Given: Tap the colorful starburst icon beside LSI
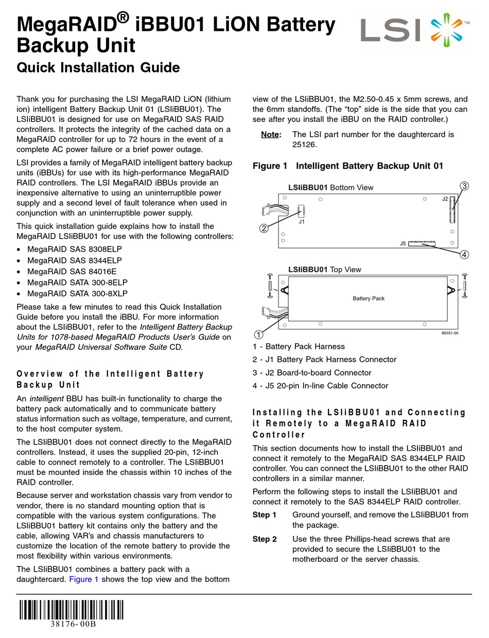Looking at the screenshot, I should (x=444, y=29).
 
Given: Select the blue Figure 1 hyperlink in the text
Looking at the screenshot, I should (x=84, y=579).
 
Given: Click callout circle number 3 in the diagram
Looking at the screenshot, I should (x=464, y=186).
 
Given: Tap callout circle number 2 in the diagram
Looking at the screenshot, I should (x=264, y=228).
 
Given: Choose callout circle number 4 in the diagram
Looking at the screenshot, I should (x=464, y=254).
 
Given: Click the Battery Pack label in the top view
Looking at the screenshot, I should (x=369, y=298).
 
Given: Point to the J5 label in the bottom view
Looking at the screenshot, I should (x=403, y=243).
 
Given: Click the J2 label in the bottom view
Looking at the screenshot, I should (x=445, y=199).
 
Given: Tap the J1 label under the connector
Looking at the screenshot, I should (x=302, y=222).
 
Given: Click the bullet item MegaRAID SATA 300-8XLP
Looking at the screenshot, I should (x=77, y=294).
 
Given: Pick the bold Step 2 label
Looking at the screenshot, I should (x=265, y=539).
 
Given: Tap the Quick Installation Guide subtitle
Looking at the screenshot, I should (x=98, y=67).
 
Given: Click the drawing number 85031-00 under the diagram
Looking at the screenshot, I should (x=449, y=333).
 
